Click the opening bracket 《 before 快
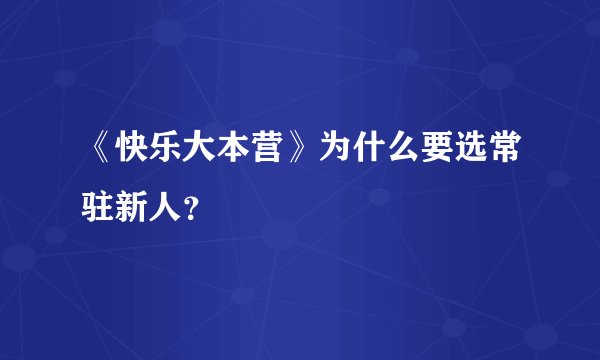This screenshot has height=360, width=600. (x=100, y=152)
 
